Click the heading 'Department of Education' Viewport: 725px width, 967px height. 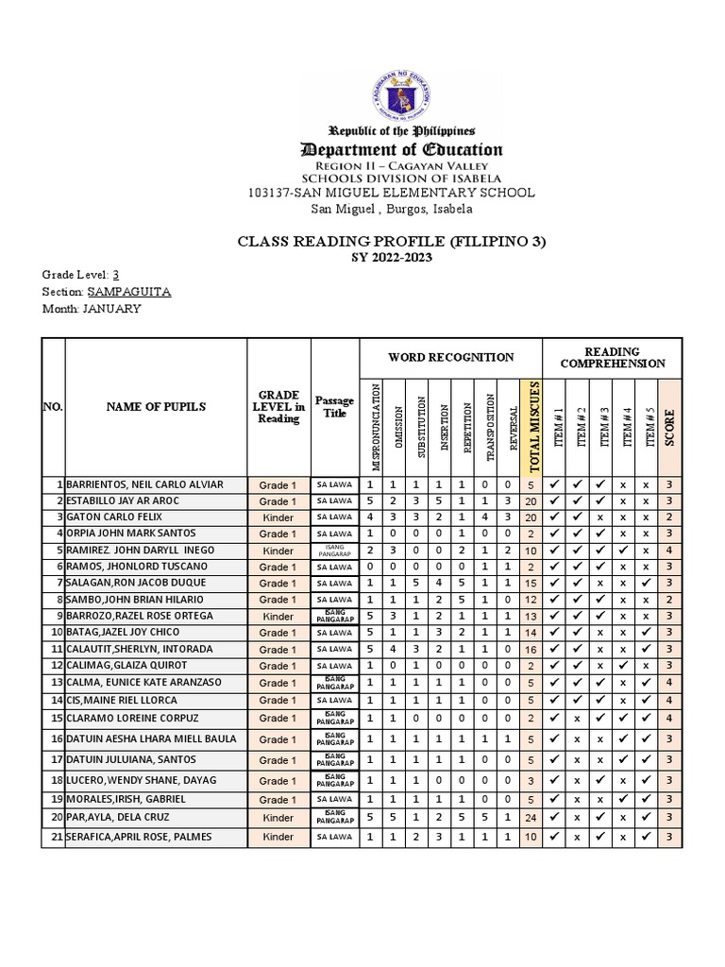coord(402,149)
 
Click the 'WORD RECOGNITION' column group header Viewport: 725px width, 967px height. coord(450,357)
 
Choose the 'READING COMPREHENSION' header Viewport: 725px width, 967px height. coord(613,357)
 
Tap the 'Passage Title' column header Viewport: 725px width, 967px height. coord(334,407)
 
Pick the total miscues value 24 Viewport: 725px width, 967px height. coord(531,816)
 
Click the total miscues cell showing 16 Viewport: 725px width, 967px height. coord(531,650)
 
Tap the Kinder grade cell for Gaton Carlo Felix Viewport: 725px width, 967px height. coord(278,517)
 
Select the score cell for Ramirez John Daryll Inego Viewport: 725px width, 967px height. coord(667,550)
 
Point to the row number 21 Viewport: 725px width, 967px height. coord(57,837)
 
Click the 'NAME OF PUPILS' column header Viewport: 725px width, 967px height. coord(156,407)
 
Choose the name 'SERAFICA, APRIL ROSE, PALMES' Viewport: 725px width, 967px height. coord(141,837)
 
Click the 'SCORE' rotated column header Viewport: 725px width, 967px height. coord(667,425)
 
